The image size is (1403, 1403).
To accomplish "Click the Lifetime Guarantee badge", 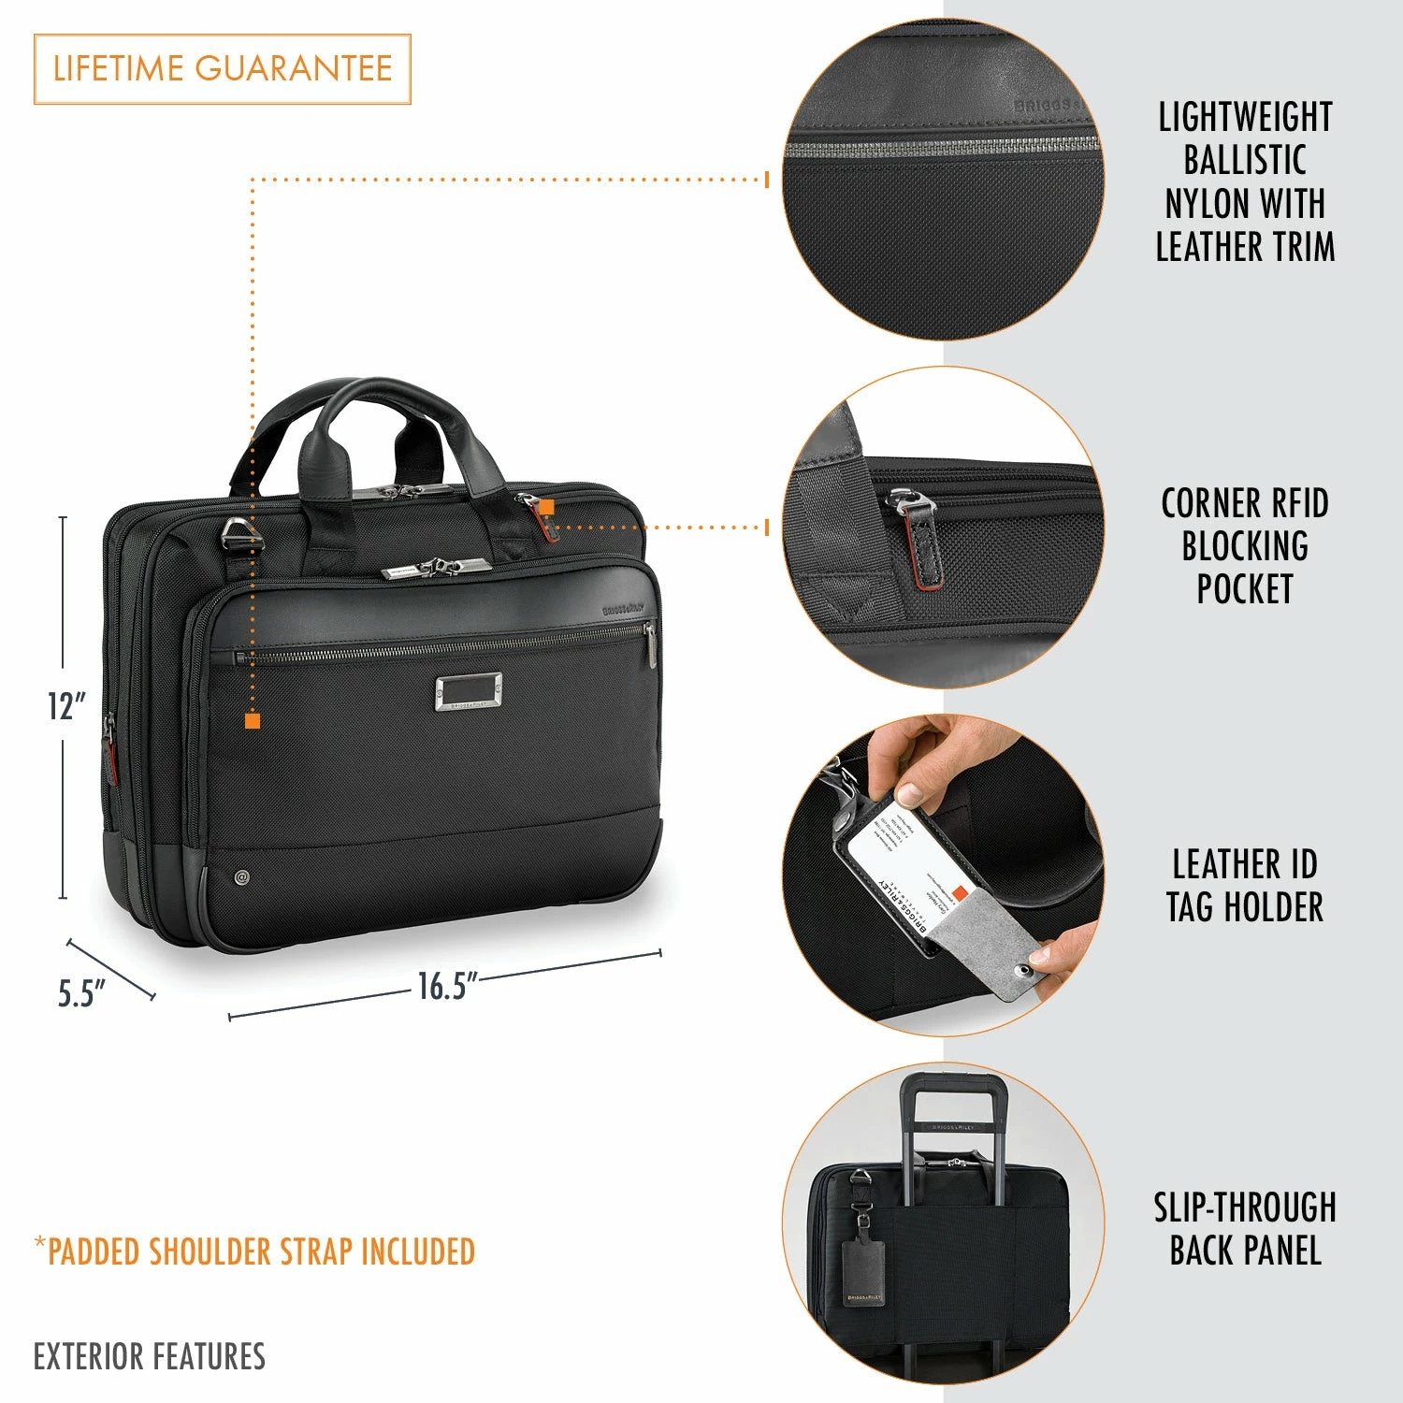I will [x=223, y=69].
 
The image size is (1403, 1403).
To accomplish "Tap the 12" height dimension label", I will [x=66, y=706].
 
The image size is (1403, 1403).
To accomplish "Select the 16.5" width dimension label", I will [x=447, y=986].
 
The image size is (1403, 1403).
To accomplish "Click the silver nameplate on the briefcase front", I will [x=468, y=693].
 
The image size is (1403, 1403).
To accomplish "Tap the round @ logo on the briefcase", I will [x=242, y=877].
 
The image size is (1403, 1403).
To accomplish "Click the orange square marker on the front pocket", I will [x=252, y=720].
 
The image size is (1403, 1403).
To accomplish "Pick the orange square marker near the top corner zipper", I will [x=547, y=507].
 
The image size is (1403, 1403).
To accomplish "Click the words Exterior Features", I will [x=150, y=1356].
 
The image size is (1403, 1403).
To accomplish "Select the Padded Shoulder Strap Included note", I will [x=254, y=1251].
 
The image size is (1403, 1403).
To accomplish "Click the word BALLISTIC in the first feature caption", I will [x=1244, y=160].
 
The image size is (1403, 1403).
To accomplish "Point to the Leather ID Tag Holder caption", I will [x=1244, y=885].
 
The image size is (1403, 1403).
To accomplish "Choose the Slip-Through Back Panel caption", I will [x=1244, y=1229].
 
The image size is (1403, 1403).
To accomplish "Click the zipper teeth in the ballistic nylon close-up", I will [x=940, y=146].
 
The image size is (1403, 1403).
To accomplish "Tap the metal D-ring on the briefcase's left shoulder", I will [x=239, y=538].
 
